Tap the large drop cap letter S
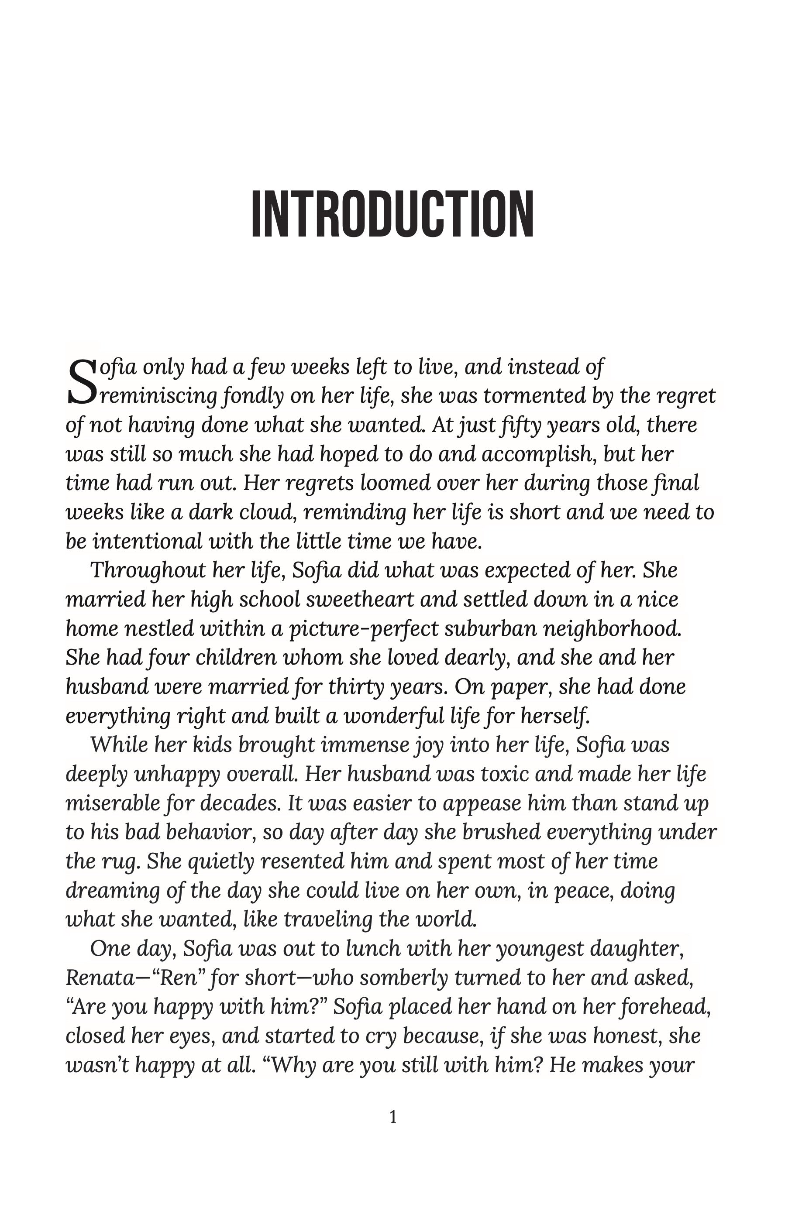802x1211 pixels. [81, 382]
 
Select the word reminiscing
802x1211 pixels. [159, 396]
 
